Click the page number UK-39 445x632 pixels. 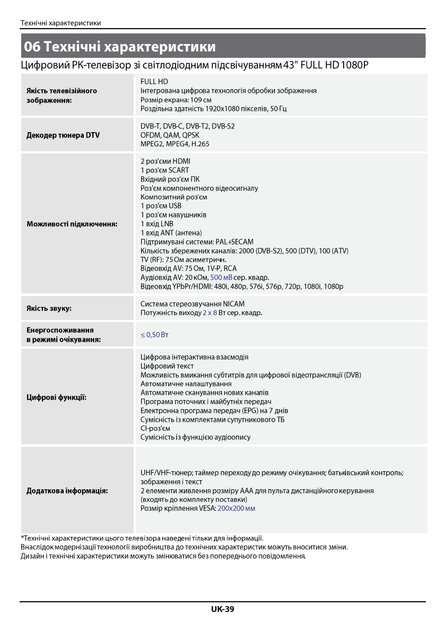[222, 609]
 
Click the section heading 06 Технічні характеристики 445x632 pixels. [120, 47]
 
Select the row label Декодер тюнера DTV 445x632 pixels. [63, 135]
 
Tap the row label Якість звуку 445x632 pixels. [49, 308]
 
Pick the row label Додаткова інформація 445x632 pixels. [67, 491]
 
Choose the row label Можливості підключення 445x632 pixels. [72, 224]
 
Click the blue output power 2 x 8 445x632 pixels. [210, 313]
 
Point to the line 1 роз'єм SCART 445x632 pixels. [164, 170]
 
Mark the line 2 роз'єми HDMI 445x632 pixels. [165, 161]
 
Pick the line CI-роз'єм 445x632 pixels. [155, 428]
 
